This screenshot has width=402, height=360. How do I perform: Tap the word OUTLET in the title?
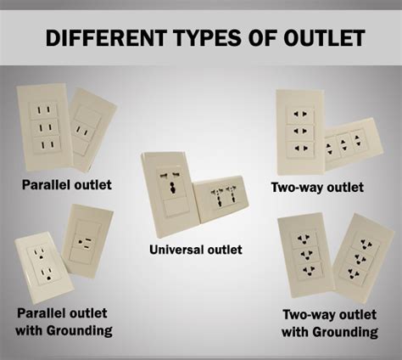tap(324, 37)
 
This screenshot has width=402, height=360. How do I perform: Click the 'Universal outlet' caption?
tap(196, 250)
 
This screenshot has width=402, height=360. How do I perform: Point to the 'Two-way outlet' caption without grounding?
tap(317, 188)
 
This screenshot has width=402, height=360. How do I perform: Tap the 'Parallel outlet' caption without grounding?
tap(67, 185)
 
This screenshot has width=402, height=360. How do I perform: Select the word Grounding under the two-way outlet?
tap(345, 332)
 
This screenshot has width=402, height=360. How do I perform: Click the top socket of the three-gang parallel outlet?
tap(44, 110)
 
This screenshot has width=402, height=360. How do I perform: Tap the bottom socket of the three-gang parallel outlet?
tap(47, 145)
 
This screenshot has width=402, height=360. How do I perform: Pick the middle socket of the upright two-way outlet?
tap(300, 131)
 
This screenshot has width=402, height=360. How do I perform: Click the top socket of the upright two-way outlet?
tap(299, 114)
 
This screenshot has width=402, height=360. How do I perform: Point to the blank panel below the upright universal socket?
tap(176, 207)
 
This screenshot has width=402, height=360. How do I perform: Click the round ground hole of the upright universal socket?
tap(171, 188)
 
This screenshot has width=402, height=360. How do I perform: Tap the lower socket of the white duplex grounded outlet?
tap(47, 274)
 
